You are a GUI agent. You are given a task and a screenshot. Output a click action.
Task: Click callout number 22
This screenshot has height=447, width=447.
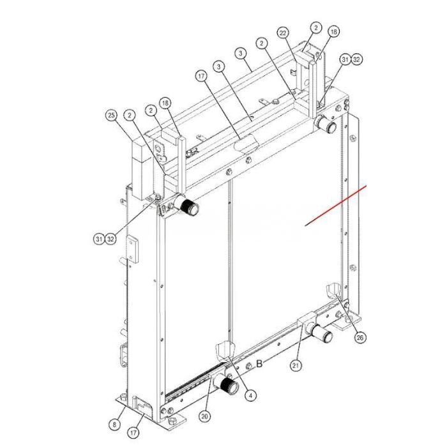click(282, 33)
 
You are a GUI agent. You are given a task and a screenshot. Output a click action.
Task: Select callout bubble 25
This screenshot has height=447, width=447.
click(111, 116)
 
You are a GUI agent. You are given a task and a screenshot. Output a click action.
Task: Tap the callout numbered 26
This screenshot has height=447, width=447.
click(360, 338)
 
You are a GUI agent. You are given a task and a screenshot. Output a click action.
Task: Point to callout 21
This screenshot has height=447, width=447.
click(296, 365)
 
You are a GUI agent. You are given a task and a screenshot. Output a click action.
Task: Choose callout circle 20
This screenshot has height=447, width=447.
click(205, 416)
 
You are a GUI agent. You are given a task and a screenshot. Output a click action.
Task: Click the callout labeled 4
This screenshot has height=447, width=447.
click(250, 396)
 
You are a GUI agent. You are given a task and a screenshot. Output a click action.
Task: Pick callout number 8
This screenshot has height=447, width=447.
click(114, 425)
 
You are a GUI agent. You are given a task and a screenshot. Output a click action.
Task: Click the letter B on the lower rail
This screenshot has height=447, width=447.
click(259, 363)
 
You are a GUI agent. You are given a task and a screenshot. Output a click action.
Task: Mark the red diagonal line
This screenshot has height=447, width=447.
click(336, 206)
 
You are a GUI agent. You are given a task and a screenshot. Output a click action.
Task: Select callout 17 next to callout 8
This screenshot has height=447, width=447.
click(133, 433)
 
